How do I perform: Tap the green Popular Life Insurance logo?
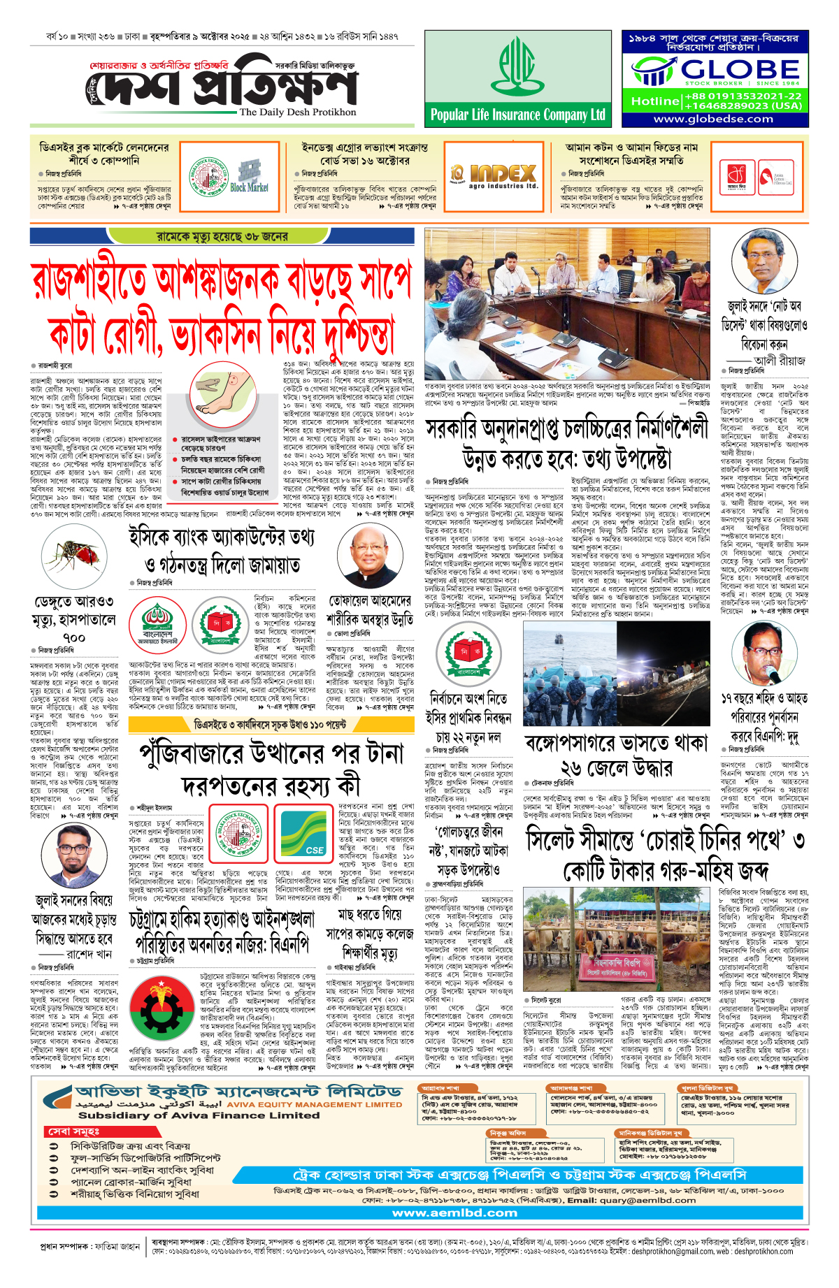tap(517, 67)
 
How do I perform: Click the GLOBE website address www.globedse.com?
tap(713, 119)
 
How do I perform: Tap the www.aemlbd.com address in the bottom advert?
tap(454, 1213)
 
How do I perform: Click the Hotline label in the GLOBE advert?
tap(654, 101)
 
